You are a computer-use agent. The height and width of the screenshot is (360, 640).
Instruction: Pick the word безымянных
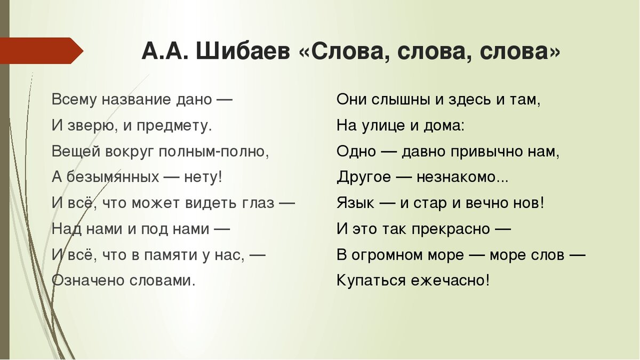[x=111, y=177]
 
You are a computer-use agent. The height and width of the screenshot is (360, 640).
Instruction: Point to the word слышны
[x=394, y=100]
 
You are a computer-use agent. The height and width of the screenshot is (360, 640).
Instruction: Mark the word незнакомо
[x=456, y=177]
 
